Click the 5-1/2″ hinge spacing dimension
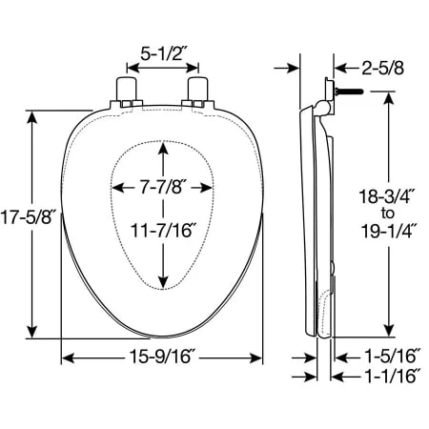point(162,53)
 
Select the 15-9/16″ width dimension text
point(161,357)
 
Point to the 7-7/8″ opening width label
point(162,187)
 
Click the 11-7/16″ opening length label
point(162,230)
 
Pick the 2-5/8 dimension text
point(382,68)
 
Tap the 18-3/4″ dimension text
point(385,196)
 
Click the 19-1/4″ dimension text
point(387,231)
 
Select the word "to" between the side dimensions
point(387,214)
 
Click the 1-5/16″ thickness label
point(392,356)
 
